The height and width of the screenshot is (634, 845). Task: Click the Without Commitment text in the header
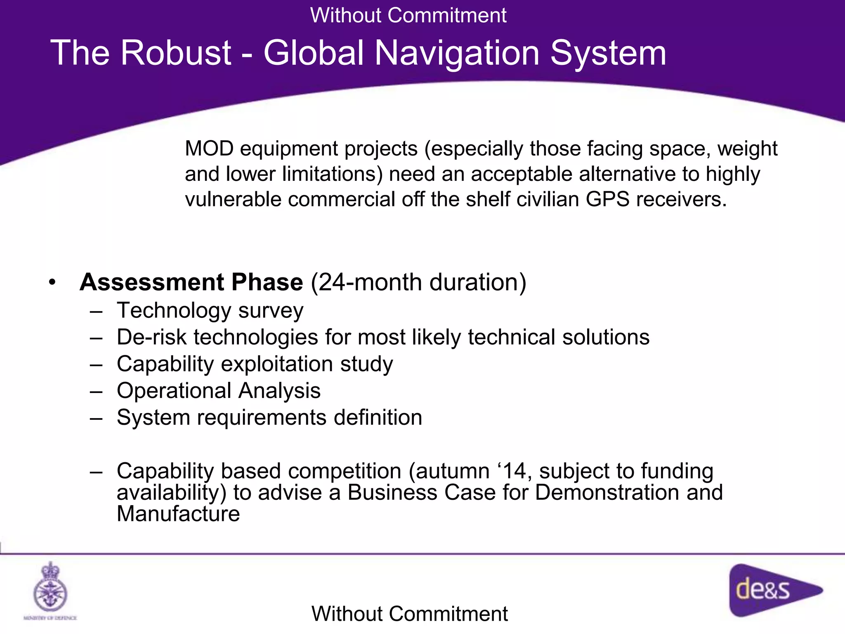tap(408, 15)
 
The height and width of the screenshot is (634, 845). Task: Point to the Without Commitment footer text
tap(409, 614)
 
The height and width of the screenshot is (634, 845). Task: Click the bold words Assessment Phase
tap(191, 282)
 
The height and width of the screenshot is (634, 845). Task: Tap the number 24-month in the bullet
tap(370, 282)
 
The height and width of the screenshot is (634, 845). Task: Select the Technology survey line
tap(210, 310)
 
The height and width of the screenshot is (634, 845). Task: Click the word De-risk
tap(151, 337)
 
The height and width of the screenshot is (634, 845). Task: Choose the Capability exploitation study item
tap(255, 364)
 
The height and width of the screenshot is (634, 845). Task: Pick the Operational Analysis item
tap(218, 390)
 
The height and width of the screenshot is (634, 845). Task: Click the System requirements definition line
tap(269, 417)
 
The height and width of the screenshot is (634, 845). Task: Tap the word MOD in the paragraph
tap(209, 149)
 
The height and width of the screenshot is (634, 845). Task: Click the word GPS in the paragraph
tap(607, 199)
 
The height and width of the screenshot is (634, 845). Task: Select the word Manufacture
tap(178, 514)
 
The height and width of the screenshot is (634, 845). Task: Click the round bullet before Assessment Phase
tap(52, 283)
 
